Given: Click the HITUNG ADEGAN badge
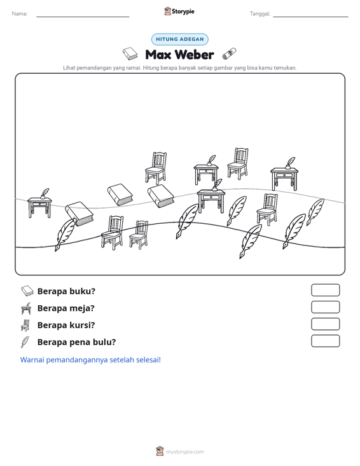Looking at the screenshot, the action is [x=179, y=39].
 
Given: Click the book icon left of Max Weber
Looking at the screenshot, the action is [x=130, y=54].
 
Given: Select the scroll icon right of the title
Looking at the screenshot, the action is [x=230, y=54].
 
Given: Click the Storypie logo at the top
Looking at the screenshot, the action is [x=179, y=11].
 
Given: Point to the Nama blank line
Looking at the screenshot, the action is [x=83, y=17].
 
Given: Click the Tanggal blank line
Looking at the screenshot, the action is [x=310, y=17].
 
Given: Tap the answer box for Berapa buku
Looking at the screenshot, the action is [x=325, y=290].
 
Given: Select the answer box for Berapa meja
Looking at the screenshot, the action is [x=325, y=307].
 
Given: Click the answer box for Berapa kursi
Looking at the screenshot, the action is [x=325, y=324].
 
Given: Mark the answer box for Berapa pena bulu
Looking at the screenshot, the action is [x=325, y=341].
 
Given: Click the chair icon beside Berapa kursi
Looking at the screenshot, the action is [x=25, y=325].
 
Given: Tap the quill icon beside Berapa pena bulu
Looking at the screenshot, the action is [x=25, y=342].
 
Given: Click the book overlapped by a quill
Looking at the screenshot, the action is [x=80, y=214].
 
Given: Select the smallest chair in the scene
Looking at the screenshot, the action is [x=139, y=234].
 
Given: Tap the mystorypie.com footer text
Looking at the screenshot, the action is [x=184, y=452].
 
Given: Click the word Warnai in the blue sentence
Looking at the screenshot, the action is [x=32, y=360].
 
